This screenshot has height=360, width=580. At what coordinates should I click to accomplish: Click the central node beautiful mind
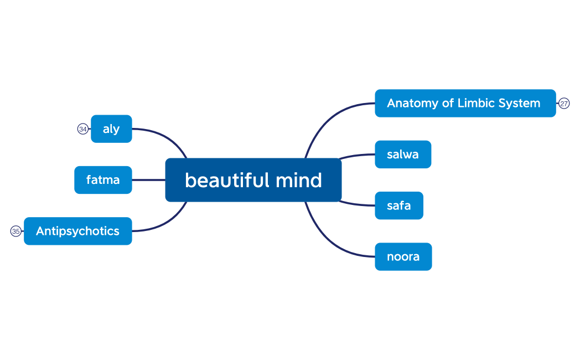253,180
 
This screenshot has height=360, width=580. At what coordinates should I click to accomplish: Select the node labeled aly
111,129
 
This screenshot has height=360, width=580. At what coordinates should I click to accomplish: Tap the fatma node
103,180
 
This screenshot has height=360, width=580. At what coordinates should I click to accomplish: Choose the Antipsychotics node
77,231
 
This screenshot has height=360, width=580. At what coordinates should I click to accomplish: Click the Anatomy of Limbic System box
465,103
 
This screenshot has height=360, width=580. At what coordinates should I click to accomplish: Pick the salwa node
402,155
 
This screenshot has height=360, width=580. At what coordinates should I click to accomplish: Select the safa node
398,205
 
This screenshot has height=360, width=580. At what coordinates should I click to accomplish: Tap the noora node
403,256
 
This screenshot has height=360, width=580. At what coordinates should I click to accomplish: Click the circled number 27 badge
564,104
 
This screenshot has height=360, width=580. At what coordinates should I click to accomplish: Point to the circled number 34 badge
82,129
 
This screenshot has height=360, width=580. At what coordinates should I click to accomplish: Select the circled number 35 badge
16,231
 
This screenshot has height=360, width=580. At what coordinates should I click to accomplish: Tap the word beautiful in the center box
225,180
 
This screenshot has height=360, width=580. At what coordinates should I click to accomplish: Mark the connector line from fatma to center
148,180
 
